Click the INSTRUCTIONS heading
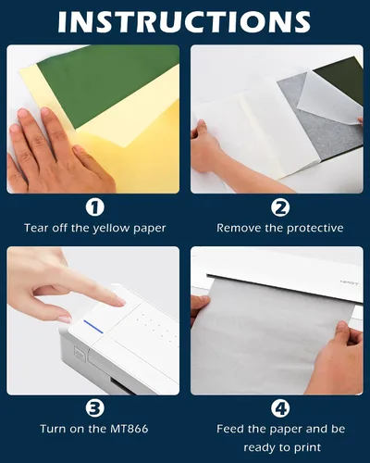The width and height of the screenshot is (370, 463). point(184,21)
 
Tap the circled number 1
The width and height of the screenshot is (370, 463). point(94,207)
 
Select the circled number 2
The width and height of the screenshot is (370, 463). point(280,207)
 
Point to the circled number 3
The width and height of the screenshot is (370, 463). point(94,408)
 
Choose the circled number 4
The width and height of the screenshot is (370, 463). point(280,408)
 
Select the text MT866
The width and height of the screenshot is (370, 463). point(129,429)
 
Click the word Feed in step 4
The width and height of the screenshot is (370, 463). point(228,429)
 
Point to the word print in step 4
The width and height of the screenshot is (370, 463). point(307,447)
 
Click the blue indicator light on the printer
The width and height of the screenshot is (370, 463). point(93,327)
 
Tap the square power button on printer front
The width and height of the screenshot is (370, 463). point(79,353)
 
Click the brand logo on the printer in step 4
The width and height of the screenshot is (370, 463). point(349,282)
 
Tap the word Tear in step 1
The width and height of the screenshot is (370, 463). point(36,228)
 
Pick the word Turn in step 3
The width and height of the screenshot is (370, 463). point(53,429)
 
